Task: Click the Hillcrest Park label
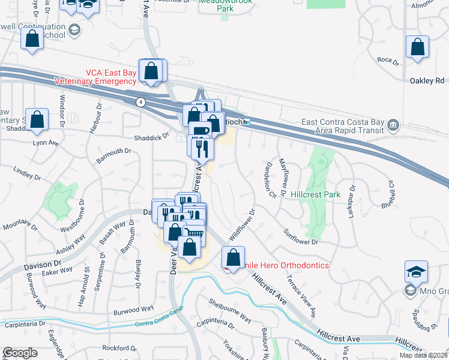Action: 315,194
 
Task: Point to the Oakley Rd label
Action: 426,80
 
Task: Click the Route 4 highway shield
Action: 140,101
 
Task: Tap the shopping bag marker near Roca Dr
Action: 417,47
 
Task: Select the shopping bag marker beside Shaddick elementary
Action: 37,119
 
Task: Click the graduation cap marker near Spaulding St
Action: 416,271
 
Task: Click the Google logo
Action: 19,353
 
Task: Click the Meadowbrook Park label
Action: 226,7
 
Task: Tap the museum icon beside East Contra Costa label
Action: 393,125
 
